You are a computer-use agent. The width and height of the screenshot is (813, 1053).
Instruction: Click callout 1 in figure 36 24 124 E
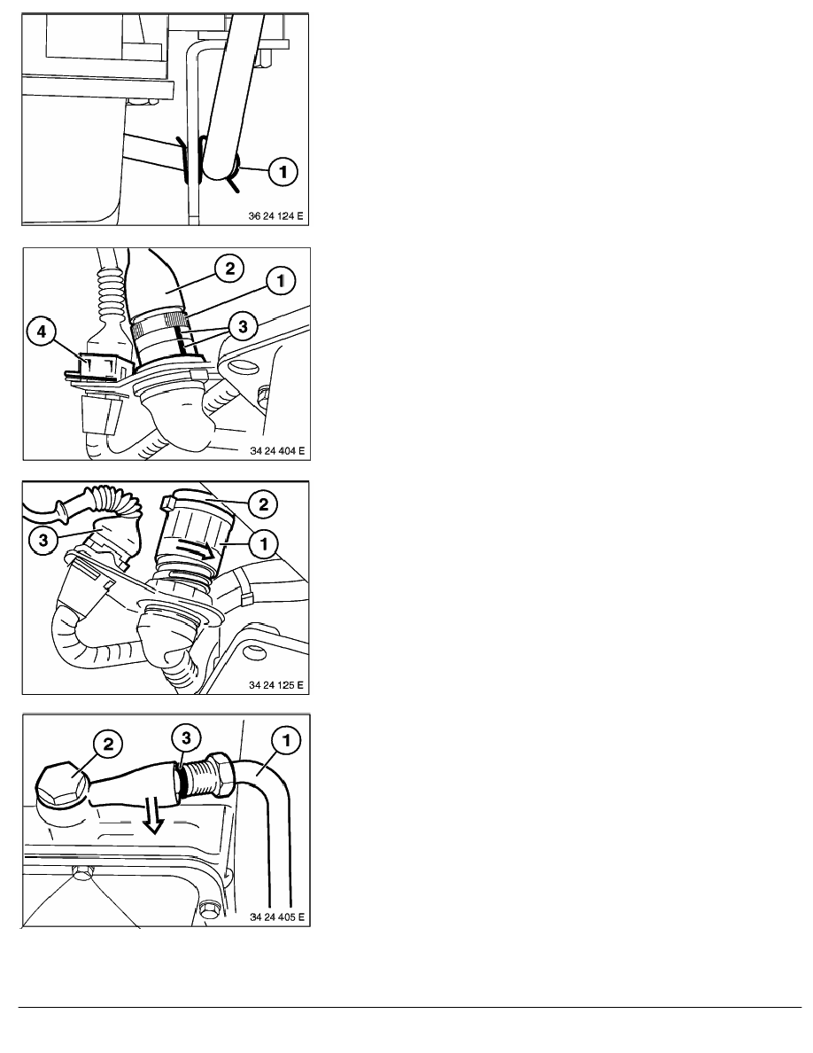point(283,174)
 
